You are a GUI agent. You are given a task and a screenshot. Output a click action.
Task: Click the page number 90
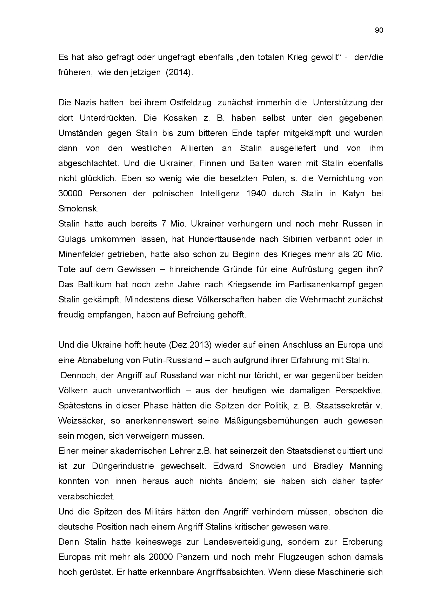379,30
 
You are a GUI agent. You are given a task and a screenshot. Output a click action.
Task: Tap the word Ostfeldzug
190,103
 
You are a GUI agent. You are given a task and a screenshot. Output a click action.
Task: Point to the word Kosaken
180,118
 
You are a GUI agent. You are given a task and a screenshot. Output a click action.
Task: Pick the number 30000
69,194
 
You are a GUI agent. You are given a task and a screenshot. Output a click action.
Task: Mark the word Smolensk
78,209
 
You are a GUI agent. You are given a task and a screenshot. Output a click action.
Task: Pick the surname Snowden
266,466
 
